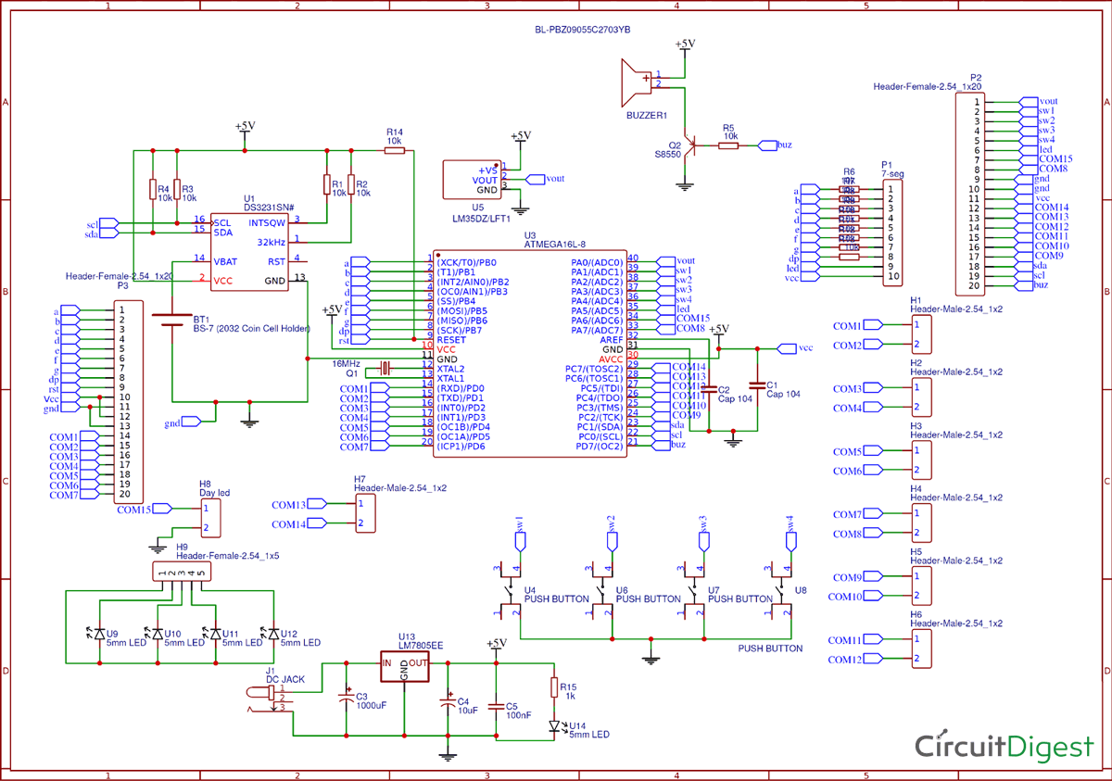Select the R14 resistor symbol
[395, 150]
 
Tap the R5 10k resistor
[729, 145]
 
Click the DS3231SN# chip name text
[269, 208]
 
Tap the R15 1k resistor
[553, 687]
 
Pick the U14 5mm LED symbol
[553, 725]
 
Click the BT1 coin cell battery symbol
[171, 319]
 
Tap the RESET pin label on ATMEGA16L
[451, 340]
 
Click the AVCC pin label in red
[611, 359]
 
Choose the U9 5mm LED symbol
[100, 635]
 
